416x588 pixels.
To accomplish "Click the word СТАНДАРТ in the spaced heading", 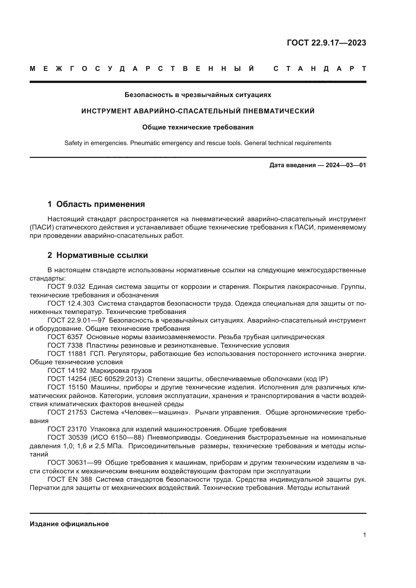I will coord(320,69).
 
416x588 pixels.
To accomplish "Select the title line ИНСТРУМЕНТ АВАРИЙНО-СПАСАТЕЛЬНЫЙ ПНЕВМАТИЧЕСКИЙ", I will coord(198,111).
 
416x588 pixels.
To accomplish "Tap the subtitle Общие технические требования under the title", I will coord(198,127).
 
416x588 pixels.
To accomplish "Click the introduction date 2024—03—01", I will coord(346,165).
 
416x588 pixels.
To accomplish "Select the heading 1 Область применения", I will coord(96,204).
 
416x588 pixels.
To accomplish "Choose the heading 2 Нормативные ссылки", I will coord(98,255).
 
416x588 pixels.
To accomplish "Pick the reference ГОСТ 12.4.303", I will coord(71,303).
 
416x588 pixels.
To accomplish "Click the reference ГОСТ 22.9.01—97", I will coord(76,320).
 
